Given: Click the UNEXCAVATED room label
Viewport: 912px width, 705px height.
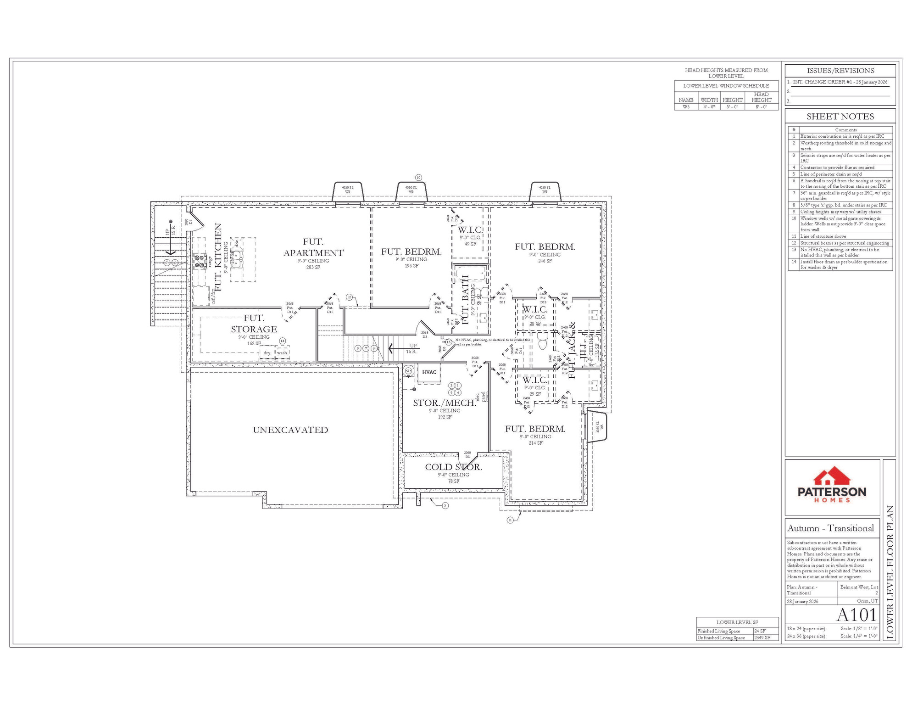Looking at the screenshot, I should [290, 430].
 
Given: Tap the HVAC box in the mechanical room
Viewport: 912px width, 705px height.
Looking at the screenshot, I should [429, 372].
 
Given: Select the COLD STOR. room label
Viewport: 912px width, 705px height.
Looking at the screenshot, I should [453, 467].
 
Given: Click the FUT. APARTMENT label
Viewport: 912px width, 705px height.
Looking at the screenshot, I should [313, 247].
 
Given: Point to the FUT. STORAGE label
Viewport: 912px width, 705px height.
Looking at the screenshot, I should [254, 324].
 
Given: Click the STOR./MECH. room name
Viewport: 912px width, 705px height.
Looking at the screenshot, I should [445, 403].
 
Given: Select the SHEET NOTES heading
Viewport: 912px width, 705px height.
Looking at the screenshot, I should [840, 117].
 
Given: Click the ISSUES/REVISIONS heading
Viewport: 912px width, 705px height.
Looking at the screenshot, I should [840, 71].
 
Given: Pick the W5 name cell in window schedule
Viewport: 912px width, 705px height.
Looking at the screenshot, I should [686, 107].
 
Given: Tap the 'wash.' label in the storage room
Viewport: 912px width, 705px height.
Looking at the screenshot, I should [282, 353].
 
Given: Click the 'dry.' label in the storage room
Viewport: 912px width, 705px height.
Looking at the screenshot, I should [267, 353].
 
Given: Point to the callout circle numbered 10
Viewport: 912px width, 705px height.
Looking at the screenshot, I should [418, 178].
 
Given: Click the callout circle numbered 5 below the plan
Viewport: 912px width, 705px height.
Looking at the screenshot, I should [445, 506].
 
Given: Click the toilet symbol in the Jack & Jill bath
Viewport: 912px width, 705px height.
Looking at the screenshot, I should [543, 342].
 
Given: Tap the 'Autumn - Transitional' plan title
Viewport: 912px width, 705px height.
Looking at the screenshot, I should [830, 528].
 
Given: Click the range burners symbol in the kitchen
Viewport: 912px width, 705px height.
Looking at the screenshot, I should [200, 261].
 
